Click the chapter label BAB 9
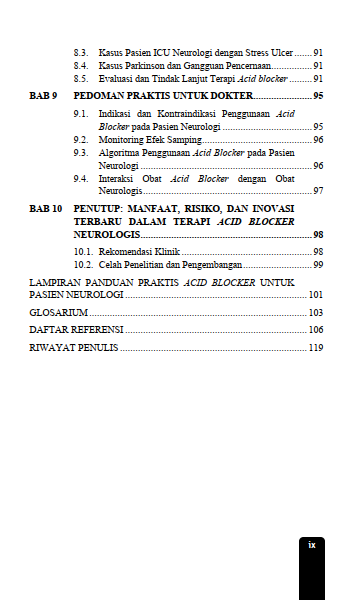(44, 97)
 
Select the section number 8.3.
(83, 50)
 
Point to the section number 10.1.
(85, 251)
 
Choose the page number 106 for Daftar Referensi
(315, 329)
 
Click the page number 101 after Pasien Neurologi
(315, 296)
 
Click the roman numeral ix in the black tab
(312, 545)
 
